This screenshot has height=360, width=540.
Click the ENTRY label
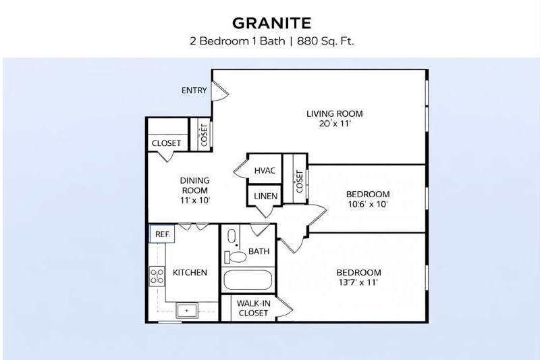[194, 91]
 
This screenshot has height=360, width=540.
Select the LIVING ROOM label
[335, 113]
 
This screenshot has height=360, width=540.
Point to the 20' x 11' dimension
[335, 124]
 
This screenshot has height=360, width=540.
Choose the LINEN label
[263, 196]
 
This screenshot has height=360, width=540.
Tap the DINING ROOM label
[194, 185]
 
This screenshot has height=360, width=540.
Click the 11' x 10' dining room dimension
[194, 200]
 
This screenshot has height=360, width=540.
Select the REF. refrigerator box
[162, 234]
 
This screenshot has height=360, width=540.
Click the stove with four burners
[157, 276]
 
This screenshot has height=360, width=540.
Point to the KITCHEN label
[190, 273]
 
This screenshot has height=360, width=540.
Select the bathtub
[247, 281]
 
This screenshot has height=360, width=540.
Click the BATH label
[259, 251]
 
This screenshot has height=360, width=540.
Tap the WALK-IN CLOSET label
[253, 309]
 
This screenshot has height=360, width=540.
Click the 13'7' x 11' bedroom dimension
[358, 283]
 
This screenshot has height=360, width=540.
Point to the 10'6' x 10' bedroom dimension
[367, 204]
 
